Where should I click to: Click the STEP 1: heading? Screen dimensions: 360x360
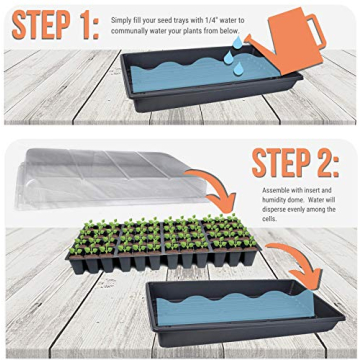click(50, 25)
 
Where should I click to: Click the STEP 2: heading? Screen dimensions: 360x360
click(296, 162)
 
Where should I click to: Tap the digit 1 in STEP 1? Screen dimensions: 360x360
click(80, 25)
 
